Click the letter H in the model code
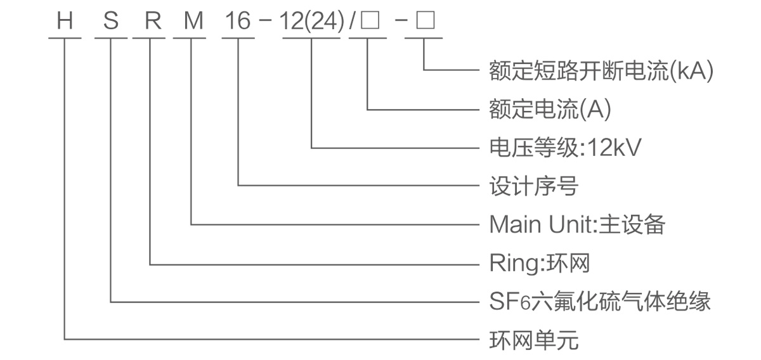(65, 22)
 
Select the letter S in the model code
(111, 22)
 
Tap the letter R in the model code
(152, 22)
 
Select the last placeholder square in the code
(424, 22)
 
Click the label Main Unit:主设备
(577, 224)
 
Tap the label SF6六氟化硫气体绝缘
(600, 300)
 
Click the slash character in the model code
(351, 22)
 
